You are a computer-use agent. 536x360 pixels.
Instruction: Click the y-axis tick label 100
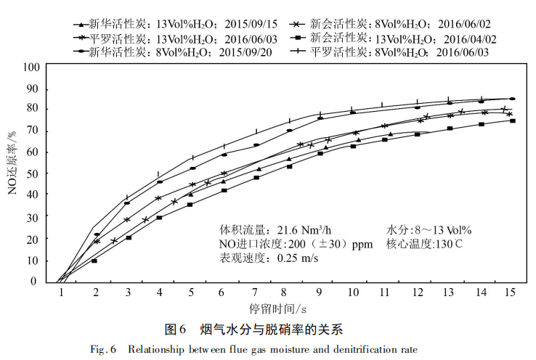click(x=30, y=67)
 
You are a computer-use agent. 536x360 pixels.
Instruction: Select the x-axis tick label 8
click(x=288, y=292)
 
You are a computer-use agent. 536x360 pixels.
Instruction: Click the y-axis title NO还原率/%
click(x=12, y=175)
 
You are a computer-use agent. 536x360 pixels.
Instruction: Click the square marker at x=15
click(x=513, y=120)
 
